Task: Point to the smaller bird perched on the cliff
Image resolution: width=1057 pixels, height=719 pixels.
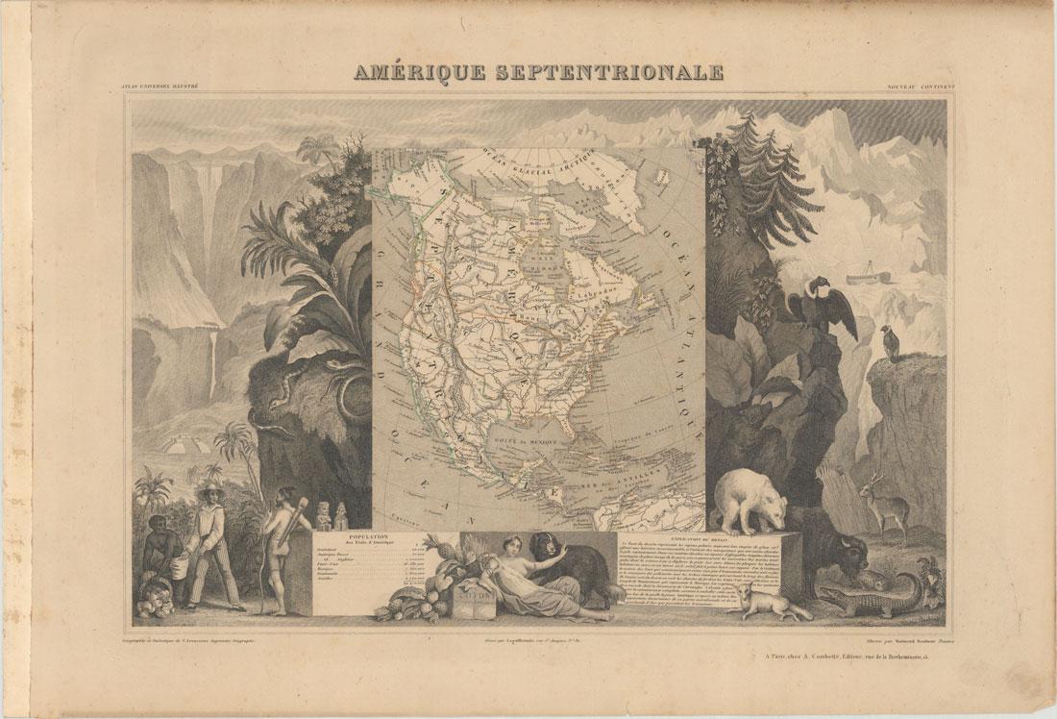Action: click(891, 342)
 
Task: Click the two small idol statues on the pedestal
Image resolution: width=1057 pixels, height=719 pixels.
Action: click(332, 516)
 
